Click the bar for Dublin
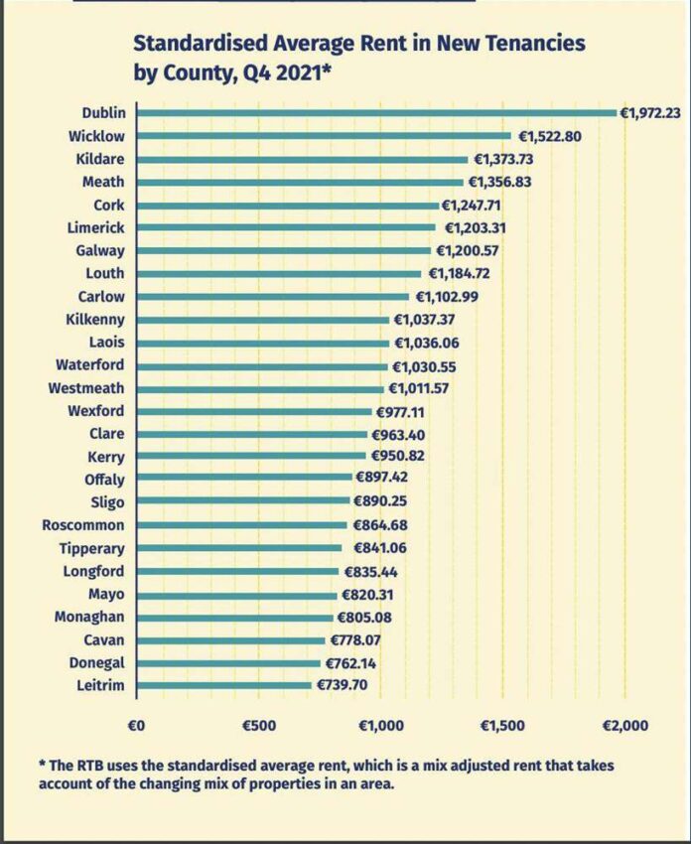376,113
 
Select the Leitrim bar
223,685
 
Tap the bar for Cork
288,206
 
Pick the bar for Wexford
254,412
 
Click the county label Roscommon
82,525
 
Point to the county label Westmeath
86,388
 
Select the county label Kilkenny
95,320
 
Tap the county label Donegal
97,663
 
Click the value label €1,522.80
549,136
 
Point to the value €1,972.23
650,113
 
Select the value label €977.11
400,412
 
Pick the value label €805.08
364,618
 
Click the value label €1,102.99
447,297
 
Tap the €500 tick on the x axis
259,726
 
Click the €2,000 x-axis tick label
624,726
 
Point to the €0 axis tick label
136,726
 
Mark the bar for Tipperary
239,548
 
